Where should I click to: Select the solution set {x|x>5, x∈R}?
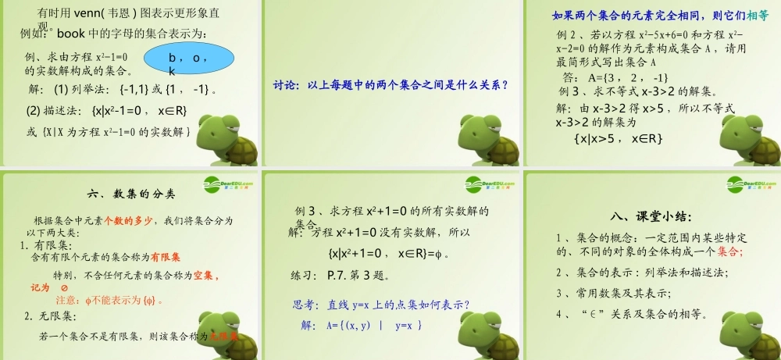coord(619,138)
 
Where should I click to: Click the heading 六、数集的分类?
coord(132,194)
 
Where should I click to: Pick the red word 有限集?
coord(166,256)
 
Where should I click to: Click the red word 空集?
coord(205,276)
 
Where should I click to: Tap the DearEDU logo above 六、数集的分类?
coord(228,184)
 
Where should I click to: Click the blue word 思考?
coord(305,305)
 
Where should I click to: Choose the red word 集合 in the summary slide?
coord(729,251)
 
